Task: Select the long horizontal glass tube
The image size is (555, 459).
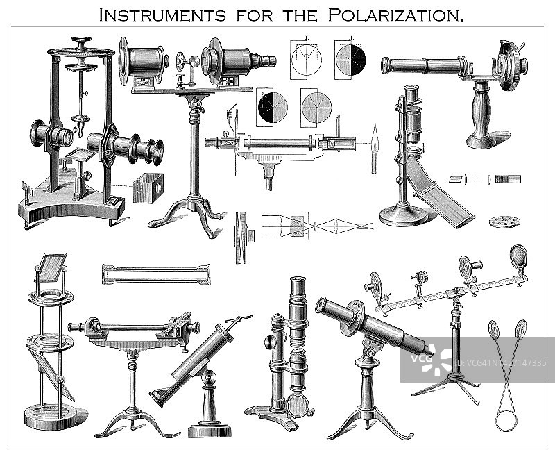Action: pyautogui.click(x=157, y=274)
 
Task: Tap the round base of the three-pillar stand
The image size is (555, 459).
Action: pyautogui.click(x=49, y=417)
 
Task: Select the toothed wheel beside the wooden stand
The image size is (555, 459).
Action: pyautogui.click(x=511, y=64)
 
